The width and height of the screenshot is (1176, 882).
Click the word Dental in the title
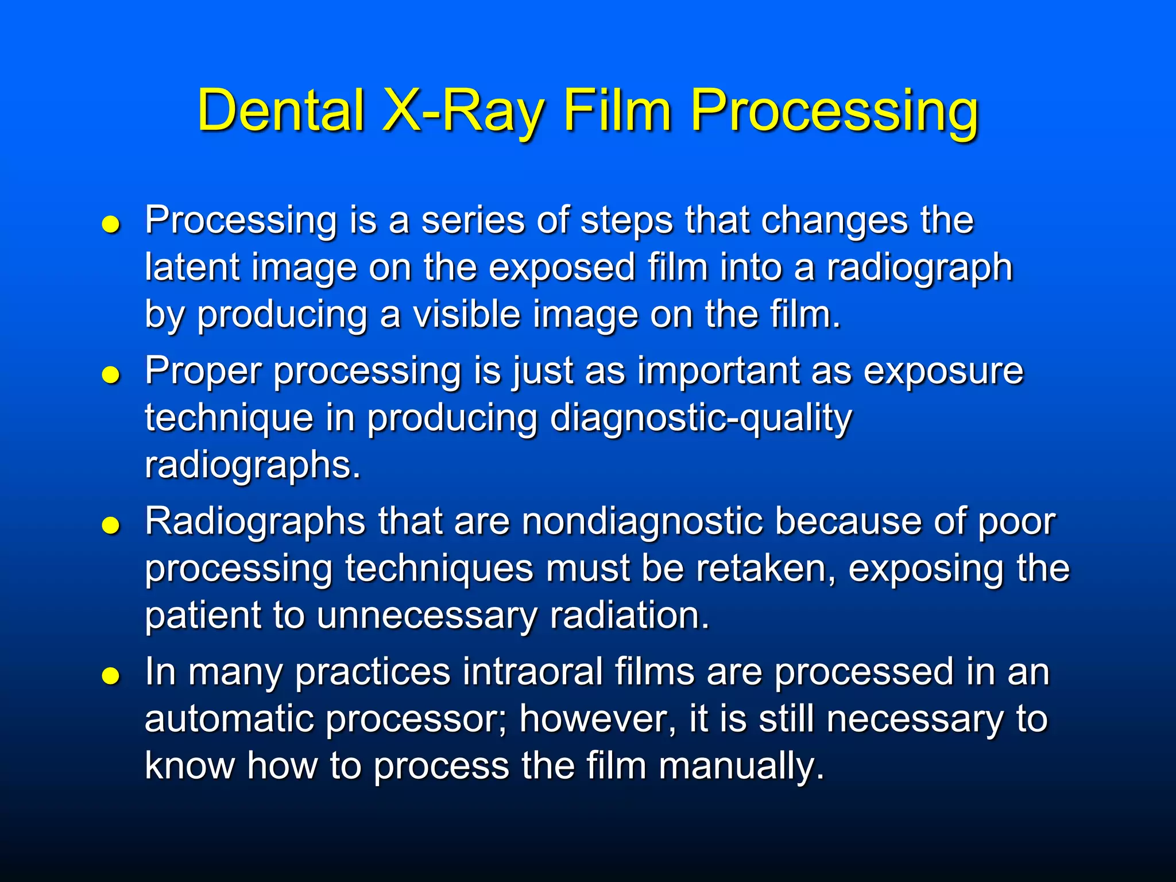point(281,110)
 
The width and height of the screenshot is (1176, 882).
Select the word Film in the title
point(617,110)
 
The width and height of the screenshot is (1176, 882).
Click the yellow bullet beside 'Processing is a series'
point(110,225)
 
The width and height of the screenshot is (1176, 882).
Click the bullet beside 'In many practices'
point(110,676)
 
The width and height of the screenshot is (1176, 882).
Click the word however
point(597,719)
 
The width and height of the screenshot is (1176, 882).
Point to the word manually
point(741,767)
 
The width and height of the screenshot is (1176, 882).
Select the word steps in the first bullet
point(626,220)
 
